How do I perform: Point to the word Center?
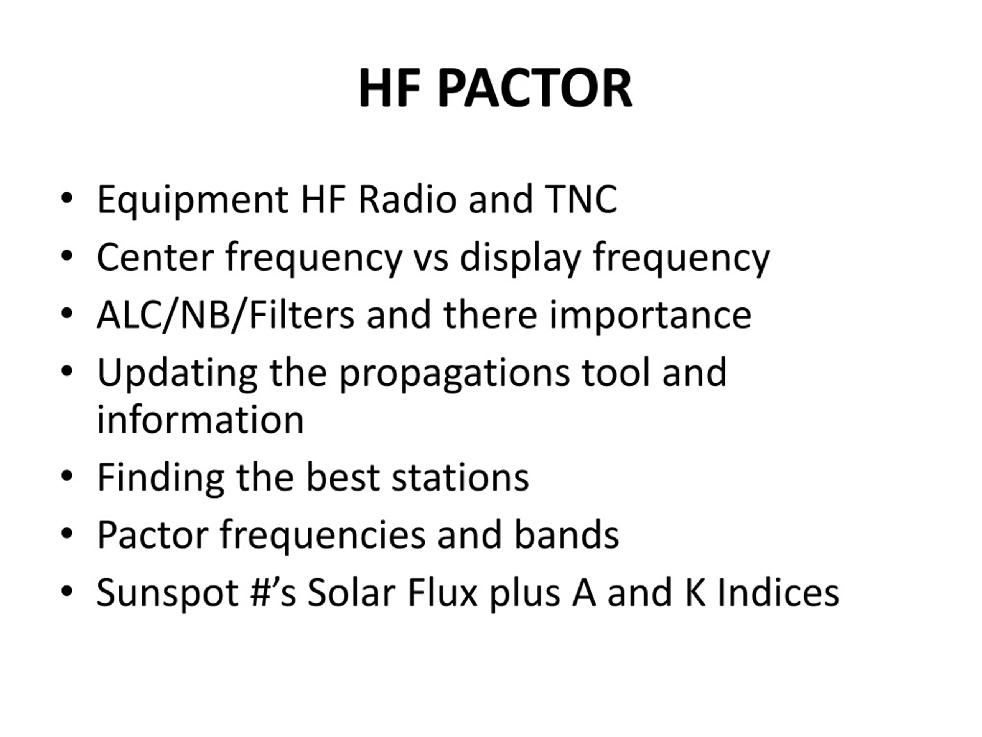click(155, 257)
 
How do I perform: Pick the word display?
click(520, 259)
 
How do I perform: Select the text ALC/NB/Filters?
click(226, 315)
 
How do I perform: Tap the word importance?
click(650, 316)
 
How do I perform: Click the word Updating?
click(177, 374)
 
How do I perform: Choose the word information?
click(200, 420)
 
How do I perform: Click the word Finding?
click(161, 478)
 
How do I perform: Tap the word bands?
click(566, 534)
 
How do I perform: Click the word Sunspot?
click(168, 593)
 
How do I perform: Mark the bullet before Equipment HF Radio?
click(67, 198)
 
